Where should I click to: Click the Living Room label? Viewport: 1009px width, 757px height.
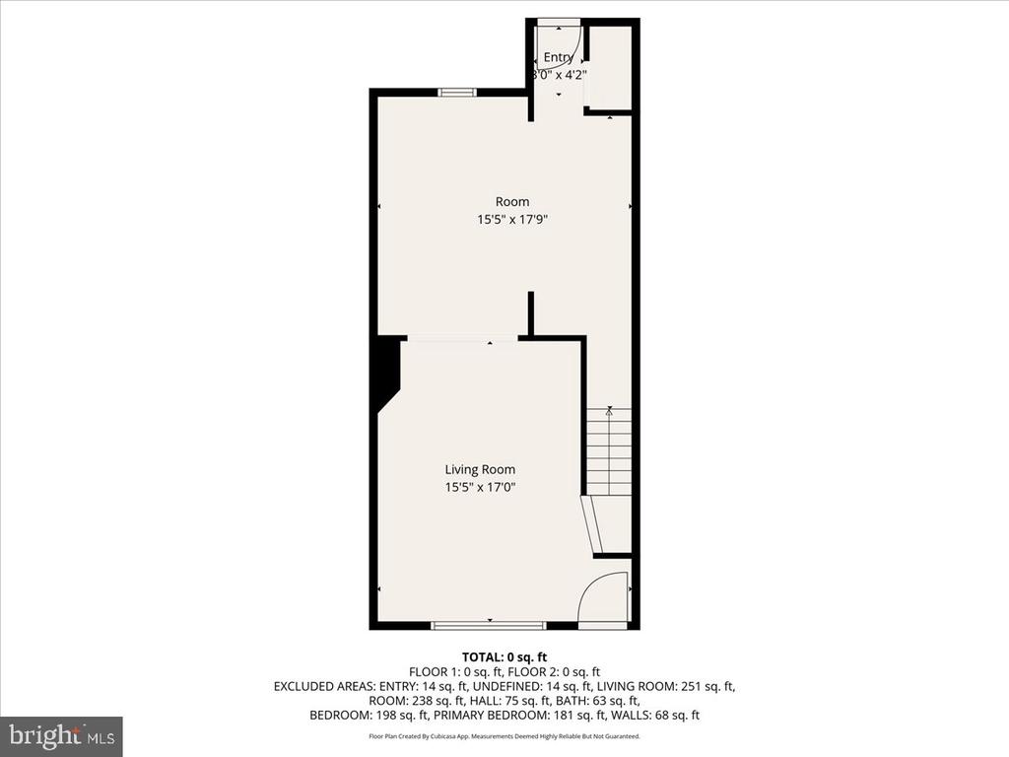point(480,470)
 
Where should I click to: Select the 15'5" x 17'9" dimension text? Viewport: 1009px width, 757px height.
point(512,220)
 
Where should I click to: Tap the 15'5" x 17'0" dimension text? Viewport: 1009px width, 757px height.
point(480,487)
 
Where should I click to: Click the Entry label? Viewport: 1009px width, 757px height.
point(558,57)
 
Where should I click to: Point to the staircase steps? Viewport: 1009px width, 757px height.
point(609,451)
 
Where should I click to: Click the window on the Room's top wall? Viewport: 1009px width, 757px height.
point(457,92)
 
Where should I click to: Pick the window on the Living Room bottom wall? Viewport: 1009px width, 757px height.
point(489,625)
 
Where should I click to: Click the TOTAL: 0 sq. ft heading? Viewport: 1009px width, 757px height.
point(504,657)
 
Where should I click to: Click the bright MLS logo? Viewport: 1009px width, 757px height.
point(61,735)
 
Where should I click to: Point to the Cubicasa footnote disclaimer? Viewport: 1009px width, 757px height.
point(504,735)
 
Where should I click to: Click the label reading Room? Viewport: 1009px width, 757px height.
point(512,202)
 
